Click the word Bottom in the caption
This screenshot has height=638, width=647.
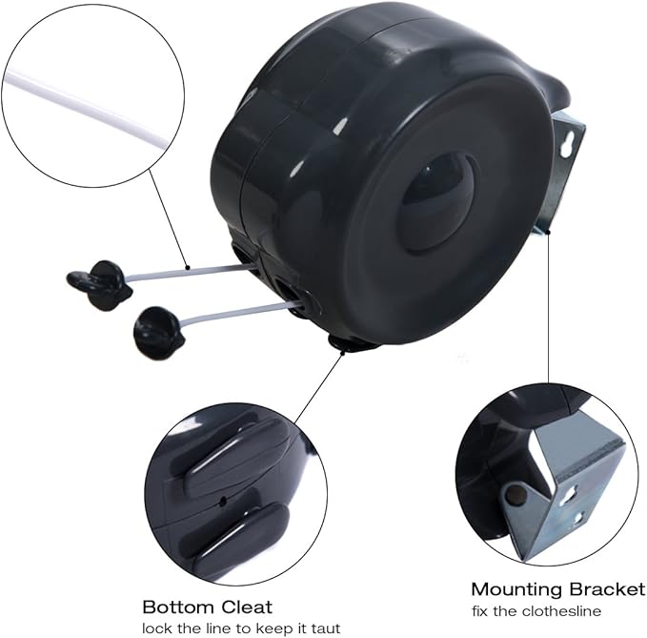(x=179, y=607)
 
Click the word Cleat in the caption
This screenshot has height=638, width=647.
(x=247, y=607)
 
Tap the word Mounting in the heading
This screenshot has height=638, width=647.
(x=518, y=589)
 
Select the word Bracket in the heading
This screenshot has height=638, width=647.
(x=607, y=589)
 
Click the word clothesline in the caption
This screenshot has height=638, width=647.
(x=561, y=610)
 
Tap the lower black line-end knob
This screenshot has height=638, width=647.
(x=159, y=327)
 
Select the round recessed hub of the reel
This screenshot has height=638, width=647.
(x=438, y=201)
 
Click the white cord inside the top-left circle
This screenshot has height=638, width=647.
(x=88, y=108)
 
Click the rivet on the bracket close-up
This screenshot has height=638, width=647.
(x=515, y=493)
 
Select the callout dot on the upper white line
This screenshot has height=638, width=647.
(x=188, y=268)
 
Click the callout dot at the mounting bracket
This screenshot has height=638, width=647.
(x=549, y=233)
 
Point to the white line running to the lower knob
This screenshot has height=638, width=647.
(x=240, y=311)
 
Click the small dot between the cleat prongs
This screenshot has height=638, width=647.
(x=223, y=502)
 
